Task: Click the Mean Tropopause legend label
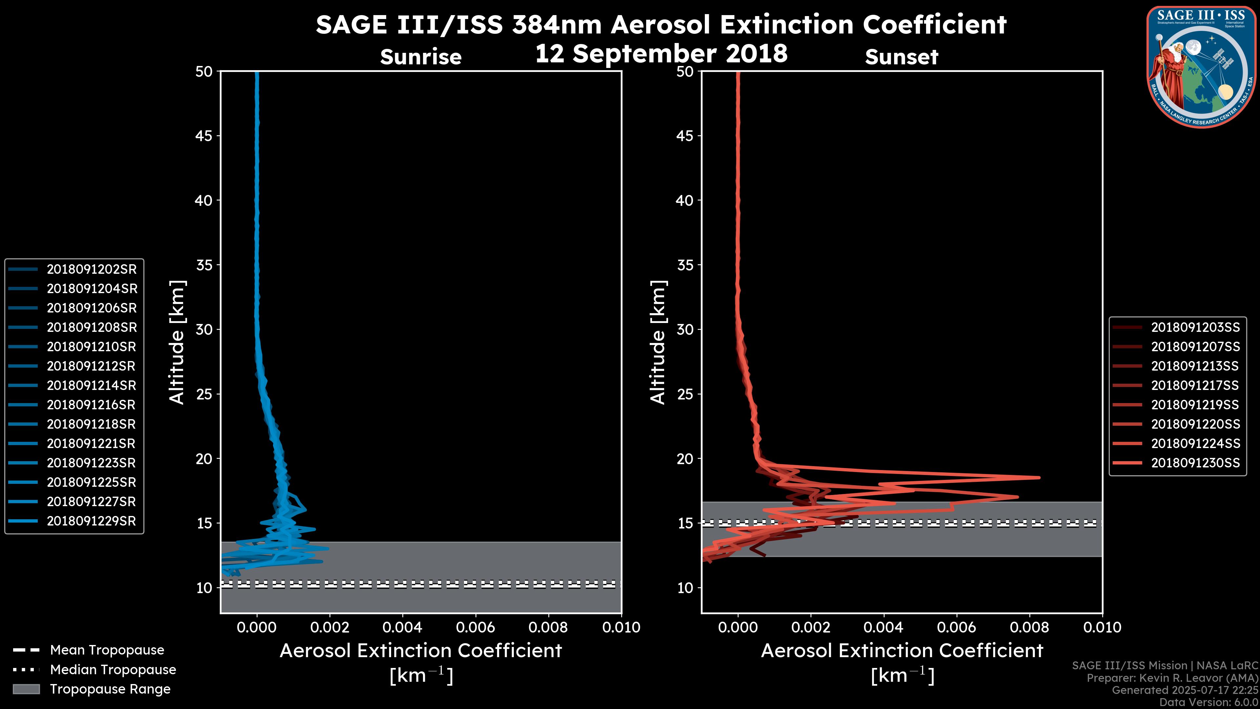tap(107, 650)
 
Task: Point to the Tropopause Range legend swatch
tap(26, 689)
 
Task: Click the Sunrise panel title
tap(421, 57)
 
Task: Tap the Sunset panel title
tap(901, 57)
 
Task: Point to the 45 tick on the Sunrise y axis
tap(204, 136)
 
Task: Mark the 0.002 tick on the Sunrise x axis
tap(330, 627)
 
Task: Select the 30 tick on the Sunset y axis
tap(685, 329)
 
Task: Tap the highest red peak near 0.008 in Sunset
tap(1039, 478)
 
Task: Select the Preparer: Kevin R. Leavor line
tap(1172, 678)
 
